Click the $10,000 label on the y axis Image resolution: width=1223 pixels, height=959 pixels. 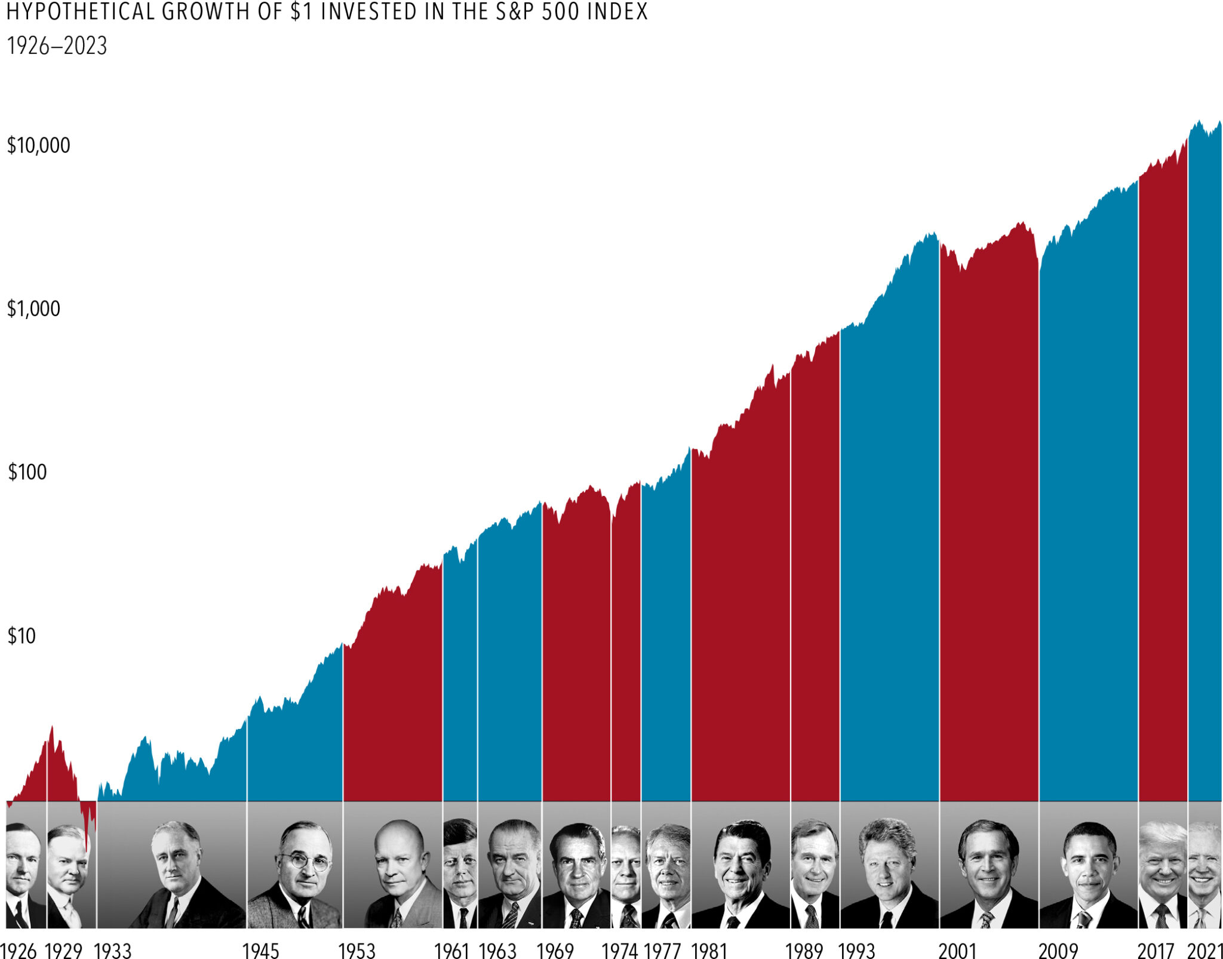[x=38, y=145]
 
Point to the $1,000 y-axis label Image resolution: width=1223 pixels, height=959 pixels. [x=33, y=309]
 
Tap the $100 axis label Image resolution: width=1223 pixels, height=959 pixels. [x=27, y=472]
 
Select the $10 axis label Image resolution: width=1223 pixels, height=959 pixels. [x=21, y=636]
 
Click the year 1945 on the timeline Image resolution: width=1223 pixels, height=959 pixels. [x=261, y=950]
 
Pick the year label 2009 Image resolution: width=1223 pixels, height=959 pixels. [x=1058, y=950]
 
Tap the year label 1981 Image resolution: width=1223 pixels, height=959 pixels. [x=709, y=950]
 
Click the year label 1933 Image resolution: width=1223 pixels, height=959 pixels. [x=113, y=950]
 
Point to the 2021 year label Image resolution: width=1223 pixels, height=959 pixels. [x=1204, y=950]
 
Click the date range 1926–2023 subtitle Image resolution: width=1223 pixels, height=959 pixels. [x=57, y=46]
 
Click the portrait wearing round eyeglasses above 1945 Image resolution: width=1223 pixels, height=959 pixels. [x=296, y=866]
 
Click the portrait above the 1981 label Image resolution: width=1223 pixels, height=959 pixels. [x=740, y=866]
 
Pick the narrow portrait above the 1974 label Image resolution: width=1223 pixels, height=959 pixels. [x=626, y=866]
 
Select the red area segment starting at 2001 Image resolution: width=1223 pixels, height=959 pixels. [x=989, y=538]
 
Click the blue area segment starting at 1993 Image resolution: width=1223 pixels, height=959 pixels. [x=890, y=538]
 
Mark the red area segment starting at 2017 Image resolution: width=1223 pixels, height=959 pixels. [x=1163, y=478]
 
